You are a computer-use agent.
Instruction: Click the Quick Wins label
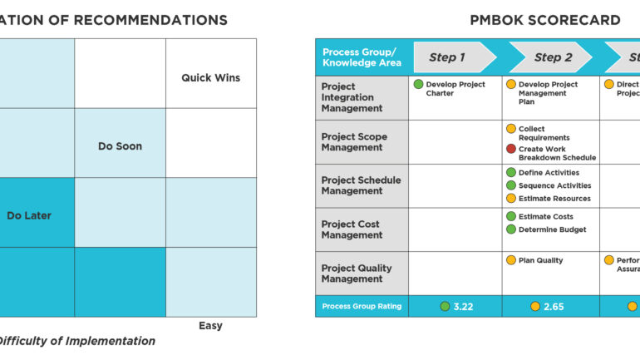(210, 78)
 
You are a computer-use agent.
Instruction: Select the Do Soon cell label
(120, 146)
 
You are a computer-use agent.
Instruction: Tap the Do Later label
(29, 215)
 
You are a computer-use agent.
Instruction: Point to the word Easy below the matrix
(210, 325)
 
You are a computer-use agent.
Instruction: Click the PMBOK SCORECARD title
(544, 20)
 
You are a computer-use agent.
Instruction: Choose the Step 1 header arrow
(449, 57)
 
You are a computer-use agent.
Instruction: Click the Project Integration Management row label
(352, 97)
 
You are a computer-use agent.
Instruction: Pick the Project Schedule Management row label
(360, 185)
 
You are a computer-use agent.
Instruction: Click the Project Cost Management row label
(352, 229)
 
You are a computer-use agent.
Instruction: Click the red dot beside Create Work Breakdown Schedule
(511, 149)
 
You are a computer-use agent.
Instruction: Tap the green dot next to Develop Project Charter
(419, 84)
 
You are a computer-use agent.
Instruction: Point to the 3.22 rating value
(463, 307)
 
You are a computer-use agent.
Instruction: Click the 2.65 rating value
(553, 307)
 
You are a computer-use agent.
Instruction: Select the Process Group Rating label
(362, 307)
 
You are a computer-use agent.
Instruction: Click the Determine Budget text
(552, 229)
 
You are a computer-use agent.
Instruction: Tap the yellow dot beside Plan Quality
(511, 260)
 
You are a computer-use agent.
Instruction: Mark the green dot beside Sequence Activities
(511, 185)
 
